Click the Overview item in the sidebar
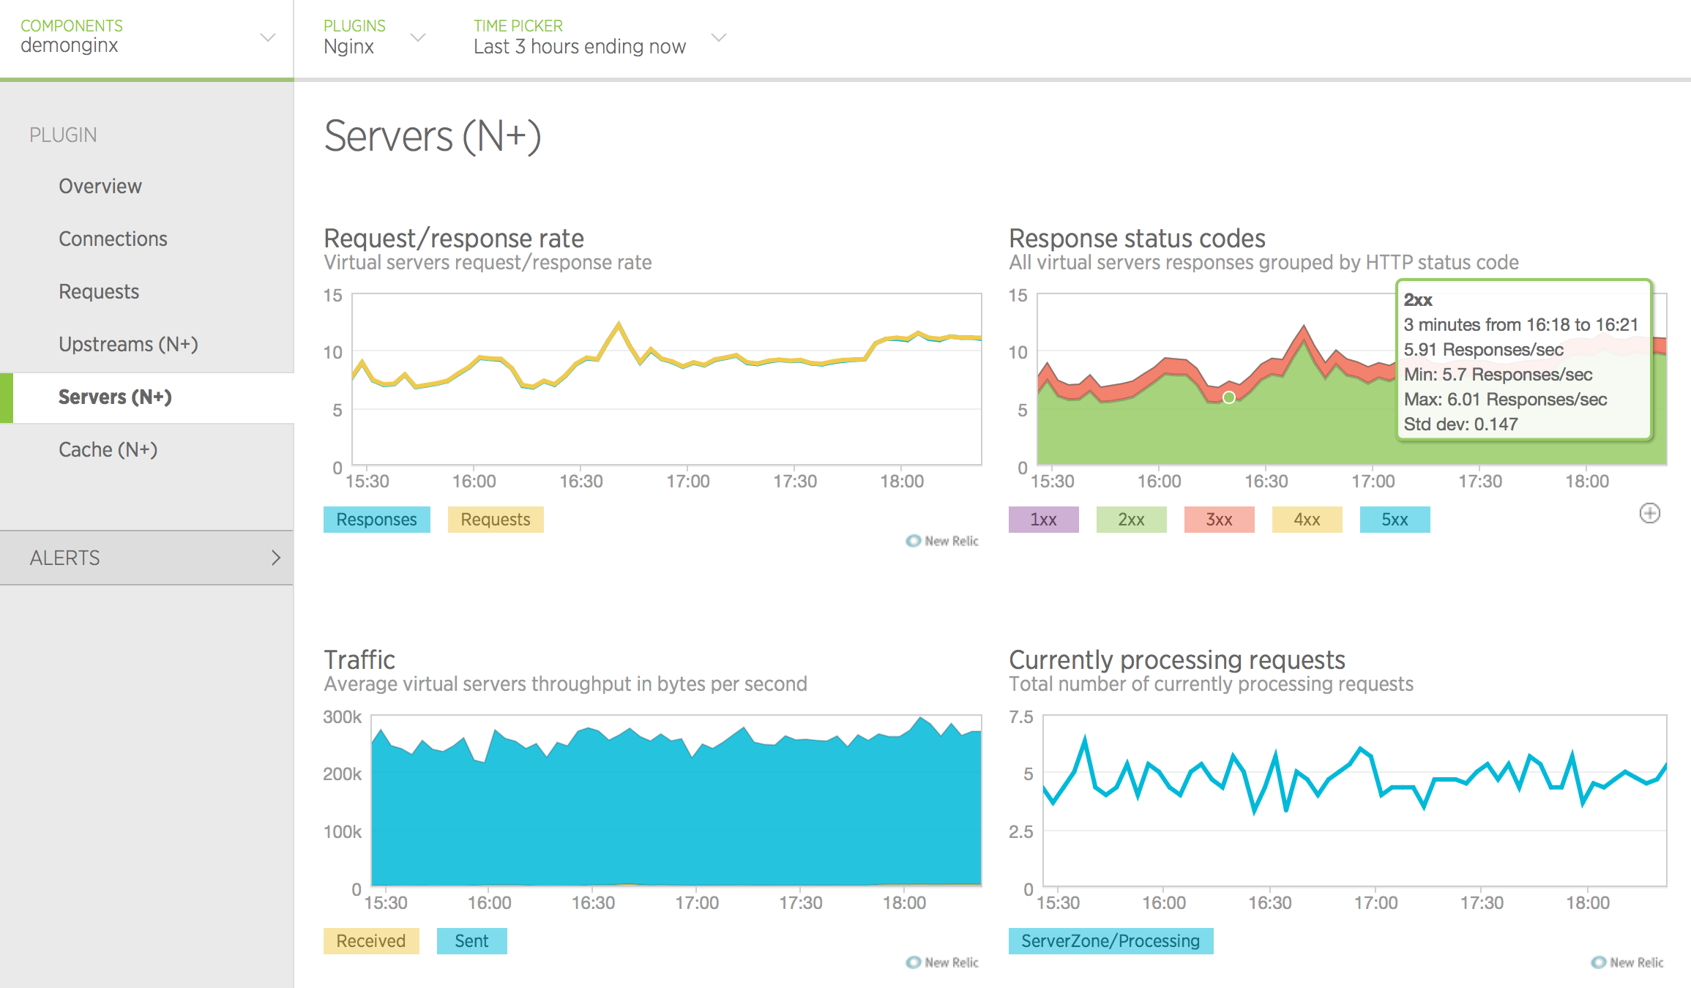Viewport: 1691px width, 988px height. [100, 186]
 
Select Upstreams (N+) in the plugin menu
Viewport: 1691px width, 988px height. [128, 344]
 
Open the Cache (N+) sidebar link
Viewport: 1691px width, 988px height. [108, 449]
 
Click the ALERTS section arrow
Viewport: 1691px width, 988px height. [276, 558]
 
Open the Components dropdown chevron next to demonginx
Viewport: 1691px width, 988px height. [268, 37]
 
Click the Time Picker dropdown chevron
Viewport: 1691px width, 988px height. [719, 37]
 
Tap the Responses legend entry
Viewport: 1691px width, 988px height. [376, 520]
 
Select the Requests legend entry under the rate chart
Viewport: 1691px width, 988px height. [496, 520]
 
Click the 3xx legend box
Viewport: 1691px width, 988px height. [1219, 520]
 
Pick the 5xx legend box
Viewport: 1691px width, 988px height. [1395, 520]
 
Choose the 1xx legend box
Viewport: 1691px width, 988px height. [1043, 520]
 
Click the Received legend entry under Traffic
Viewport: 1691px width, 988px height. [370, 941]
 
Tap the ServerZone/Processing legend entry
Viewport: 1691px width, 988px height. [1110, 941]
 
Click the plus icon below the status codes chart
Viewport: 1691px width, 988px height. [1649, 513]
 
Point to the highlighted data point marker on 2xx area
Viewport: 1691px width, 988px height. [1229, 397]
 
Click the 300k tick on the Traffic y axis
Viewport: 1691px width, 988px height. [342, 717]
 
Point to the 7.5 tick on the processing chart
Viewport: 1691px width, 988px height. [1021, 717]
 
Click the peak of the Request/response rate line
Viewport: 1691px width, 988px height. [619, 323]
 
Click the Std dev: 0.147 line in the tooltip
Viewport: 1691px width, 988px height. [1460, 424]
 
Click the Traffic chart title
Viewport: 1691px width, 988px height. [359, 660]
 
